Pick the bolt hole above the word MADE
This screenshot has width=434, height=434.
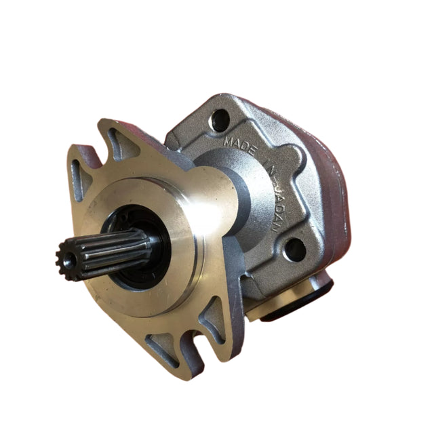(219, 121)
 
